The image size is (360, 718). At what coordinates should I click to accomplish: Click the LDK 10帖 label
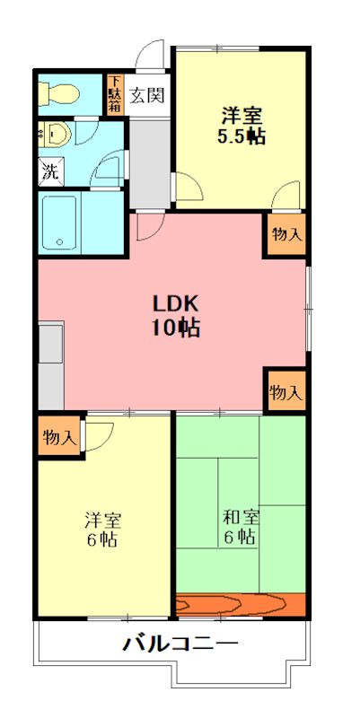[174, 315]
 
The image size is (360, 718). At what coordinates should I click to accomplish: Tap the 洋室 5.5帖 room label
[242, 127]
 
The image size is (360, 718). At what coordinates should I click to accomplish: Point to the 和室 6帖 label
[240, 527]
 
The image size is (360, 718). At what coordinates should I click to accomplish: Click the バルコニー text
[180, 644]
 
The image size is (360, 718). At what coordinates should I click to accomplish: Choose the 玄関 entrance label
[145, 95]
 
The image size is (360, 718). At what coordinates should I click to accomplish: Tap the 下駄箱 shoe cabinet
[115, 93]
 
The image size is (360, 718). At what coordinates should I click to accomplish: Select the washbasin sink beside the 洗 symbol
[57, 136]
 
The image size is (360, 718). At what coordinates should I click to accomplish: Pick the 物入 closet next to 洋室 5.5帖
[286, 235]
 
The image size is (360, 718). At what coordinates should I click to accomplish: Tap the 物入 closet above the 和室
[286, 392]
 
